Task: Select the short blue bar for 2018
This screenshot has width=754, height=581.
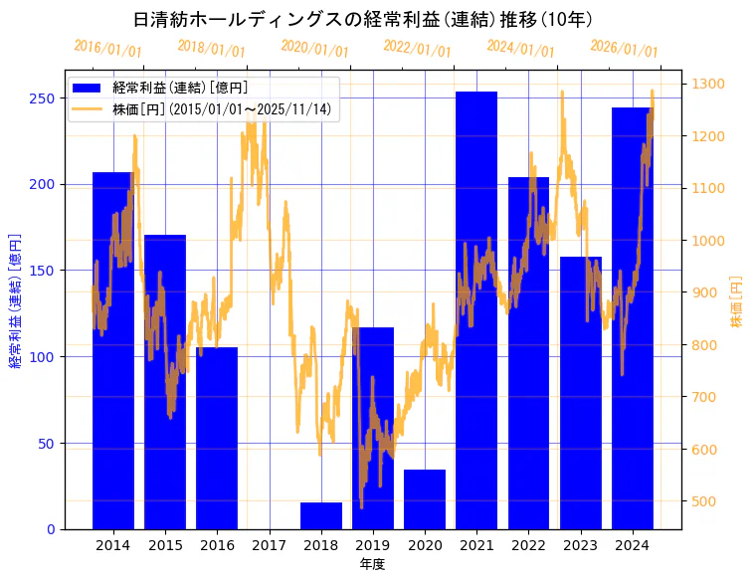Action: (x=320, y=516)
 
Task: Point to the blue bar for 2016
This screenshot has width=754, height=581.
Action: (x=217, y=438)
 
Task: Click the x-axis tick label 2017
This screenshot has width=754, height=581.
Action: (x=269, y=545)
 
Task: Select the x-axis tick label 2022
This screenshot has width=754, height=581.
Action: (x=528, y=545)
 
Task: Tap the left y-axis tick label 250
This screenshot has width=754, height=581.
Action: (x=42, y=97)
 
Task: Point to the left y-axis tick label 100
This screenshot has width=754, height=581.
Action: (x=42, y=356)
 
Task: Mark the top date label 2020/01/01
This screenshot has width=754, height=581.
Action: (x=314, y=48)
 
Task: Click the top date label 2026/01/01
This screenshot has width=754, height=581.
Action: (x=624, y=48)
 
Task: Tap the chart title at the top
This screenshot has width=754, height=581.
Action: (x=363, y=19)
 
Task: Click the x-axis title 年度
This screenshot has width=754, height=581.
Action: (x=372, y=564)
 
